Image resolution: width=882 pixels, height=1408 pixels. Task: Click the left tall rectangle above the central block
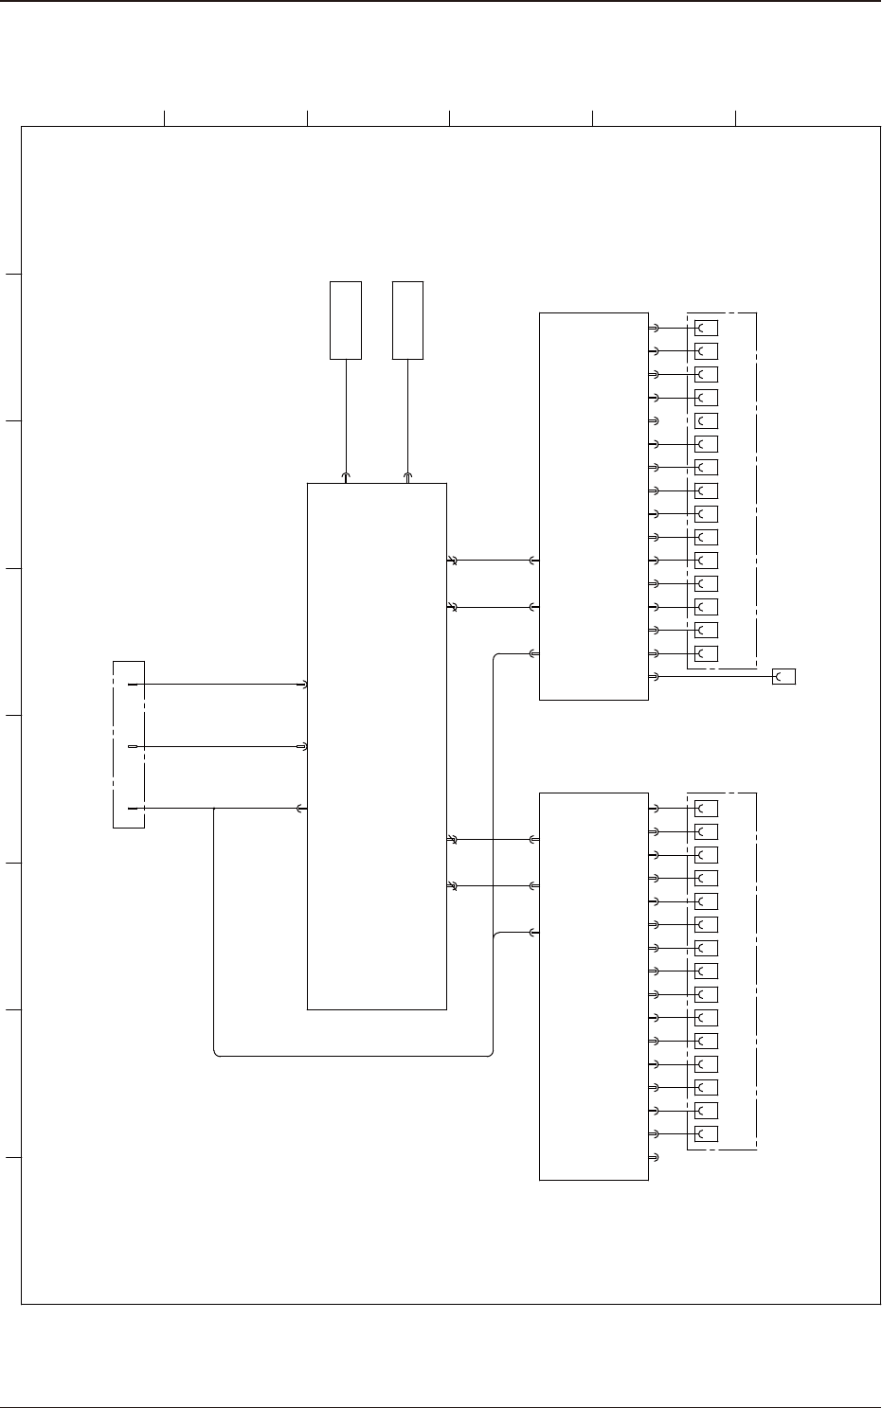point(346,320)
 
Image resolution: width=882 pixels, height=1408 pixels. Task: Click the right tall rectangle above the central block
point(408,320)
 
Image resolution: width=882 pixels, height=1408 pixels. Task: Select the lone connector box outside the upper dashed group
point(783,676)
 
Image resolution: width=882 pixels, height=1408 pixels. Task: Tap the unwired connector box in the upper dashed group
point(706,420)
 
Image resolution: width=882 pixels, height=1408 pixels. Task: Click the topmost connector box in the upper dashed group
point(706,328)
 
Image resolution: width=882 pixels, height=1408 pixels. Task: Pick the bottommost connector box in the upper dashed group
point(706,653)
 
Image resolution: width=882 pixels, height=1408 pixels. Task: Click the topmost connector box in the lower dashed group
point(706,809)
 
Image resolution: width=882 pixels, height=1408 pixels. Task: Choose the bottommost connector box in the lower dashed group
point(706,1133)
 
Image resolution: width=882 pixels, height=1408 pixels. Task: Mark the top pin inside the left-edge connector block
point(133,684)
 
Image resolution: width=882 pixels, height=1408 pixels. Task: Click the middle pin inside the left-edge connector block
point(133,747)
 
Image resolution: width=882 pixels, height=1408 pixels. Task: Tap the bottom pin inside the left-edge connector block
point(133,809)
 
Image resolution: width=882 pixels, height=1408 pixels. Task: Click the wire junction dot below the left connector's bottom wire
point(215,809)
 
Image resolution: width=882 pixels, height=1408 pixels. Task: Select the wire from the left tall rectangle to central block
point(346,417)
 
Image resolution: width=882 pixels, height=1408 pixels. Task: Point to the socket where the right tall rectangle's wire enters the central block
point(408,477)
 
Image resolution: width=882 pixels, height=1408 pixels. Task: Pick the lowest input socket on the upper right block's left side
point(534,653)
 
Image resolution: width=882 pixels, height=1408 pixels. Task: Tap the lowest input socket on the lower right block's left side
point(535,933)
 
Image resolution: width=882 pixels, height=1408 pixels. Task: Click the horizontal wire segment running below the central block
point(355,1055)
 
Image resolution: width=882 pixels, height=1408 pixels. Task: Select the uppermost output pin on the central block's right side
point(452,561)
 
